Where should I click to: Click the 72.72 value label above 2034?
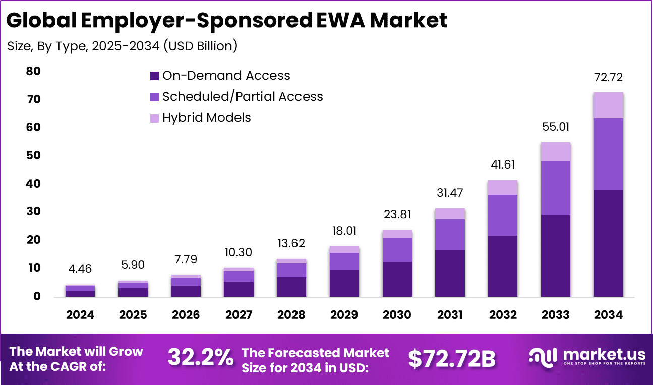tap(608, 77)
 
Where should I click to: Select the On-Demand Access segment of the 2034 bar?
tap(608, 243)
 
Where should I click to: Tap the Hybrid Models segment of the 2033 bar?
tap(555, 152)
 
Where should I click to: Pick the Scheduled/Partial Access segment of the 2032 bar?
tap(503, 215)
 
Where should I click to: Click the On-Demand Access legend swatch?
tap(154, 76)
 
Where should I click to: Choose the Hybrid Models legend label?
tap(206, 118)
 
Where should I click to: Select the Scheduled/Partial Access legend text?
tap(243, 96)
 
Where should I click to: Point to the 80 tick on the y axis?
tap(33, 72)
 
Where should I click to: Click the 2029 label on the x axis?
tap(344, 315)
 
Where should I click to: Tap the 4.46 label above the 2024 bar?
tap(80, 269)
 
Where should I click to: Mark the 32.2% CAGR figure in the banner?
tap(200, 358)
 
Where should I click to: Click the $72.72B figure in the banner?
tap(452, 358)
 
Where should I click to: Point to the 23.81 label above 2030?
tap(397, 214)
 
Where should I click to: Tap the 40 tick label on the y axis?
tap(33, 184)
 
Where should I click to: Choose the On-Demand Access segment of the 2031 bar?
tap(450, 273)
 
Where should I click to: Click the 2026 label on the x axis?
tap(186, 315)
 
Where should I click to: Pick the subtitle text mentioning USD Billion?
tap(123, 46)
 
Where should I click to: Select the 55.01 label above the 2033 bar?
tap(555, 127)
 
